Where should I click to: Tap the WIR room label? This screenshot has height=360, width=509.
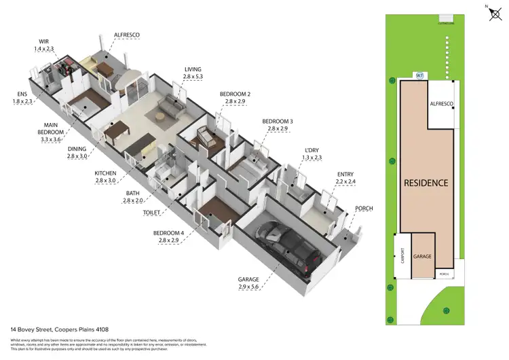[x=43, y=42]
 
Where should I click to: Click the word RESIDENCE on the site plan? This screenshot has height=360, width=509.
[x=426, y=183]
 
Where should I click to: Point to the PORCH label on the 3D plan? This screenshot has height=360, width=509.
[x=364, y=208]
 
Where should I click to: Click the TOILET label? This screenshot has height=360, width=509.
[x=151, y=213]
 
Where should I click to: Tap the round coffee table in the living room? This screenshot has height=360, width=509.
[x=159, y=116]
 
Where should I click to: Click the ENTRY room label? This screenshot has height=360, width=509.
[x=345, y=175]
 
